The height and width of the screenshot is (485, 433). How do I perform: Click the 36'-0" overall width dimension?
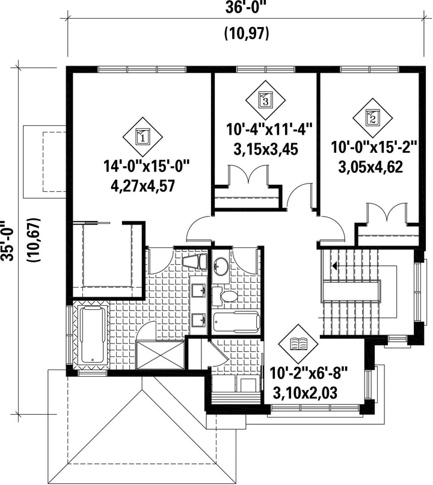point(246,7)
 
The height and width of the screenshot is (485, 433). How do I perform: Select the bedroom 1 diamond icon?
point(143,137)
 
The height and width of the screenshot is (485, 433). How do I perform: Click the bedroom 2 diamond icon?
point(373,118)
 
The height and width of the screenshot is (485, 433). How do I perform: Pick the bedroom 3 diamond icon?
point(265,100)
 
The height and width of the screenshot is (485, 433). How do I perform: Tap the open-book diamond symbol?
point(298,344)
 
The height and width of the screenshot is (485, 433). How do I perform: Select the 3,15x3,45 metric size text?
point(266,150)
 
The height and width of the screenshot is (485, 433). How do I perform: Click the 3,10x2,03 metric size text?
point(305,393)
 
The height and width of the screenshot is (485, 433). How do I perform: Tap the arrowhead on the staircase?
point(334,265)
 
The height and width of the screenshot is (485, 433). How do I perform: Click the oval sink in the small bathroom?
point(221,265)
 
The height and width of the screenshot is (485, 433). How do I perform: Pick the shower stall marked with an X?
point(161,355)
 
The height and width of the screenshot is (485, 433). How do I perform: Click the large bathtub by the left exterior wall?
point(92,335)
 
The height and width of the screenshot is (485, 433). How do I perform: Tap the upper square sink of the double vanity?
point(198,290)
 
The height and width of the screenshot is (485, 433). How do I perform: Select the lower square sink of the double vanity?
point(198,320)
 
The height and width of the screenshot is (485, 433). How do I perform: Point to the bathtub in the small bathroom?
point(236,322)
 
